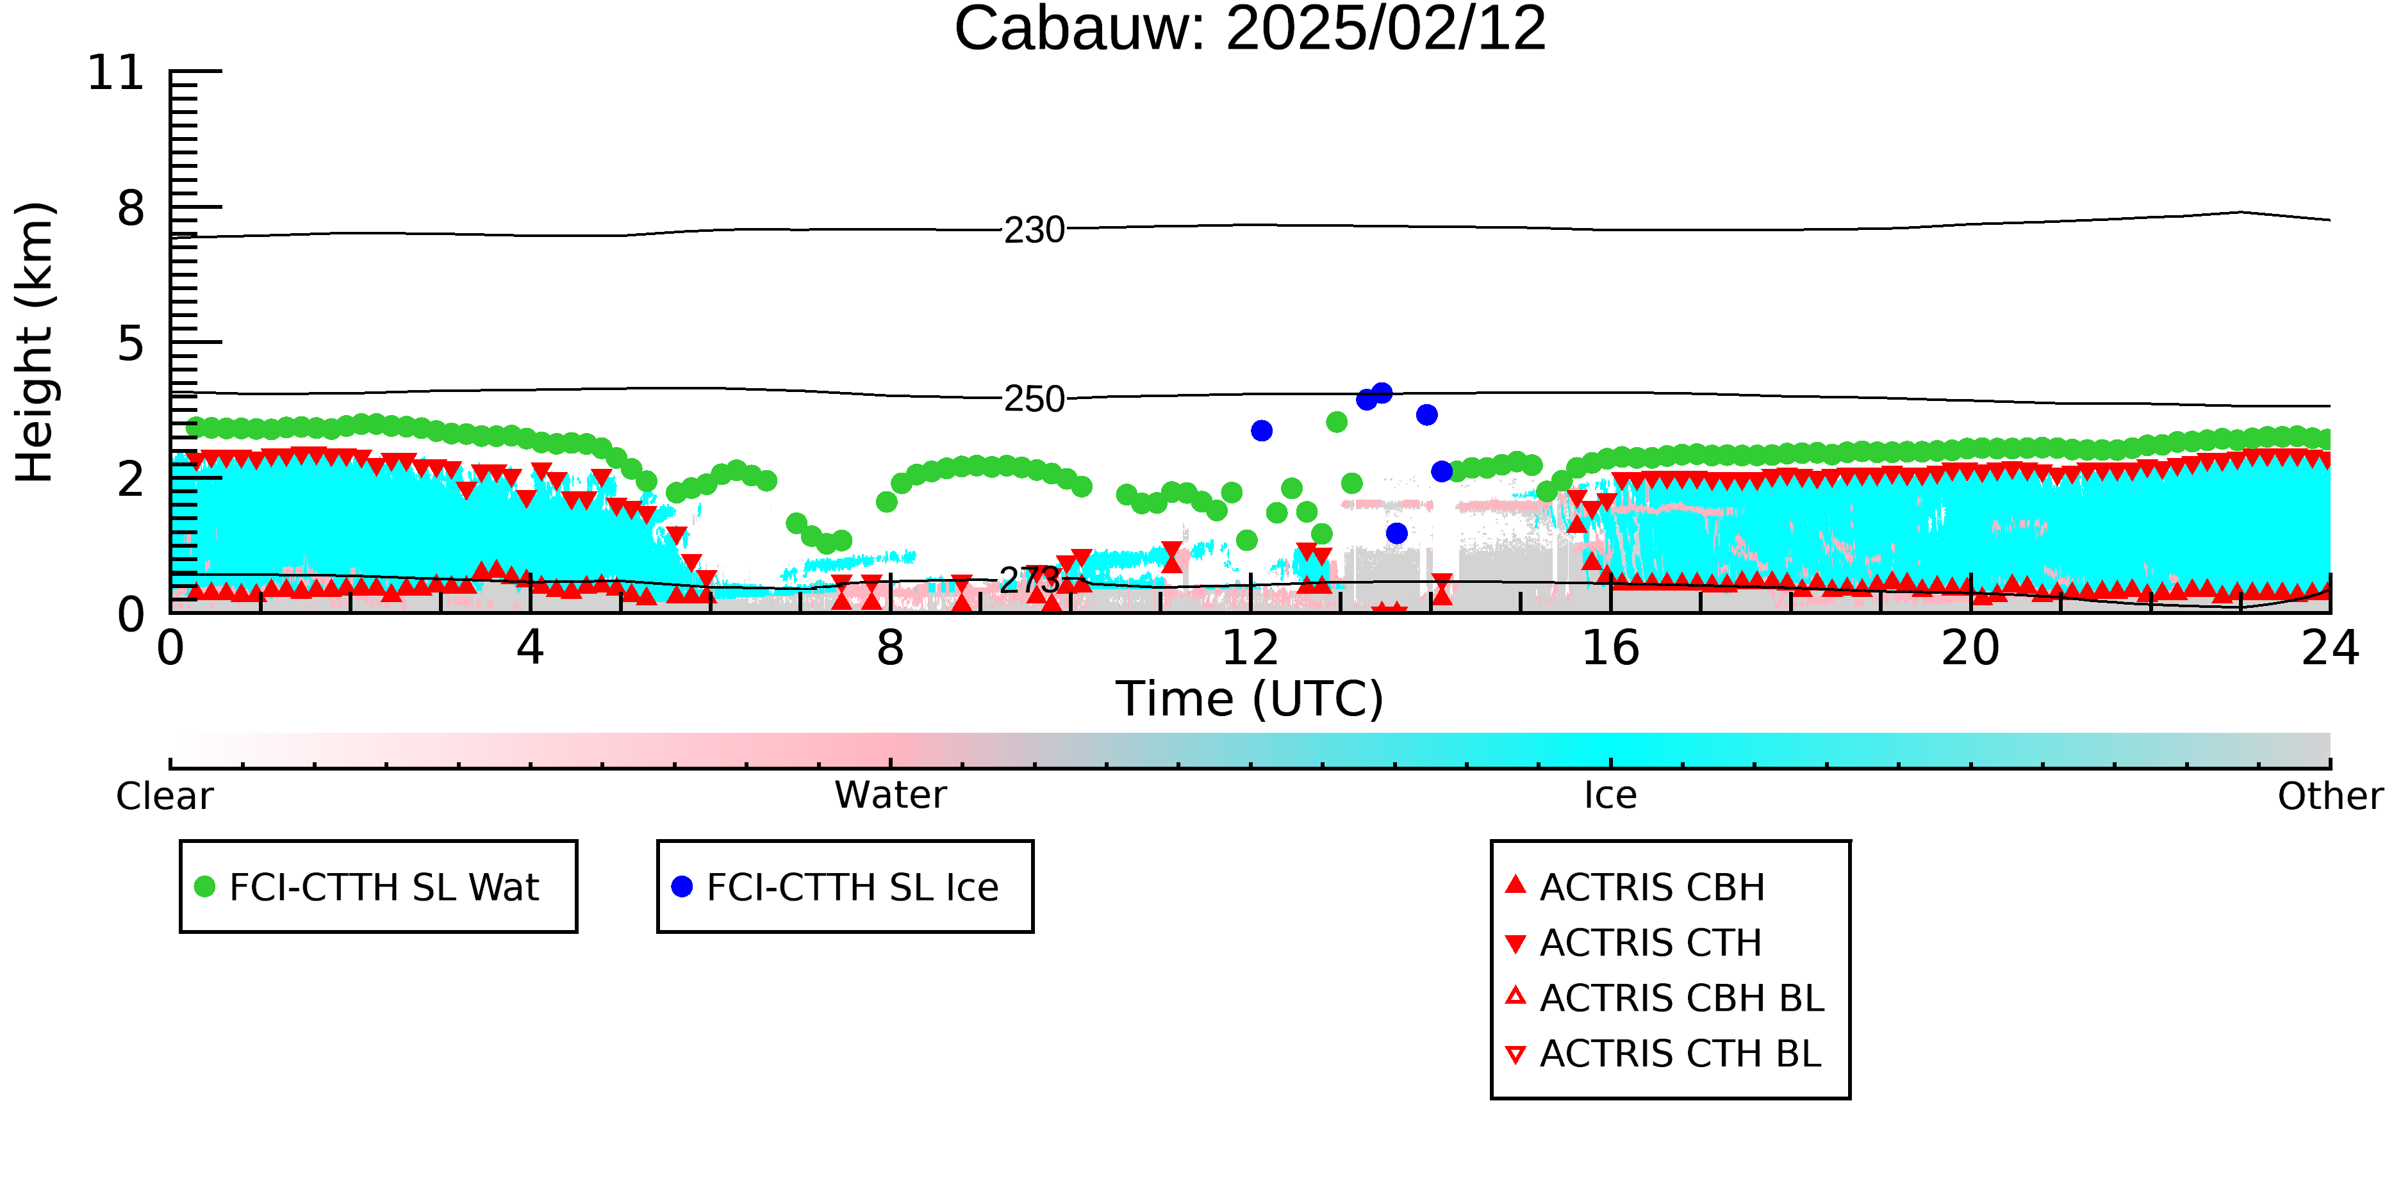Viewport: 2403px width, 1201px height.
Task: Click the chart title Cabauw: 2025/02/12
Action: pyautogui.click(x=1250, y=28)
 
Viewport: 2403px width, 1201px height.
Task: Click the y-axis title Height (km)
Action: pyautogui.click(x=35, y=342)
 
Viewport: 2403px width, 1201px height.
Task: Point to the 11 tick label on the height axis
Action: pyautogui.click(x=117, y=73)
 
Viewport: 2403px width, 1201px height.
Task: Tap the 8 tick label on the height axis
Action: pyautogui.click(x=131, y=208)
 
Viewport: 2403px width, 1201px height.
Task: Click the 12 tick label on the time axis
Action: pyautogui.click(x=1250, y=648)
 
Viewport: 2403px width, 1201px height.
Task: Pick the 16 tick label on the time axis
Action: pyautogui.click(x=1610, y=648)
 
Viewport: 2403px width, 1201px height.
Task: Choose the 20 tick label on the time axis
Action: pyautogui.click(x=1970, y=648)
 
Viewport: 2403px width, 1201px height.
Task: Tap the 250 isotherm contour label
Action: pyautogui.click(x=1034, y=399)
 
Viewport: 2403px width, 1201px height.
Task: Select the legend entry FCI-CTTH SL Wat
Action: pyautogui.click(x=367, y=886)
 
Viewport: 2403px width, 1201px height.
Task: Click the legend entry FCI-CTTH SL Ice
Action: pyautogui.click(x=835, y=886)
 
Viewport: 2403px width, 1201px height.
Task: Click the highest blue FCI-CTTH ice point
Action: pyautogui.click(x=1382, y=393)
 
